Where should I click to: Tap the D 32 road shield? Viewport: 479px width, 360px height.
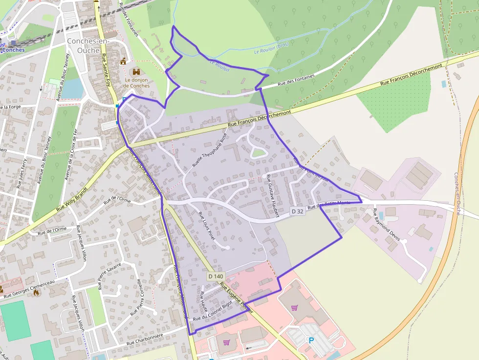pyautogui.click(x=297, y=212)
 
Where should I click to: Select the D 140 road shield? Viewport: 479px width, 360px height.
pyautogui.click(x=216, y=276)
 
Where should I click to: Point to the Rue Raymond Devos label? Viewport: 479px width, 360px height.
pyautogui.click(x=387, y=225)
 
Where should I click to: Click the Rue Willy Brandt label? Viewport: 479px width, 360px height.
pyautogui.click(x=72, y=198)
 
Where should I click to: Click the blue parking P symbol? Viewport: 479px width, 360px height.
pyautogui.click(x=310, y=339)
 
